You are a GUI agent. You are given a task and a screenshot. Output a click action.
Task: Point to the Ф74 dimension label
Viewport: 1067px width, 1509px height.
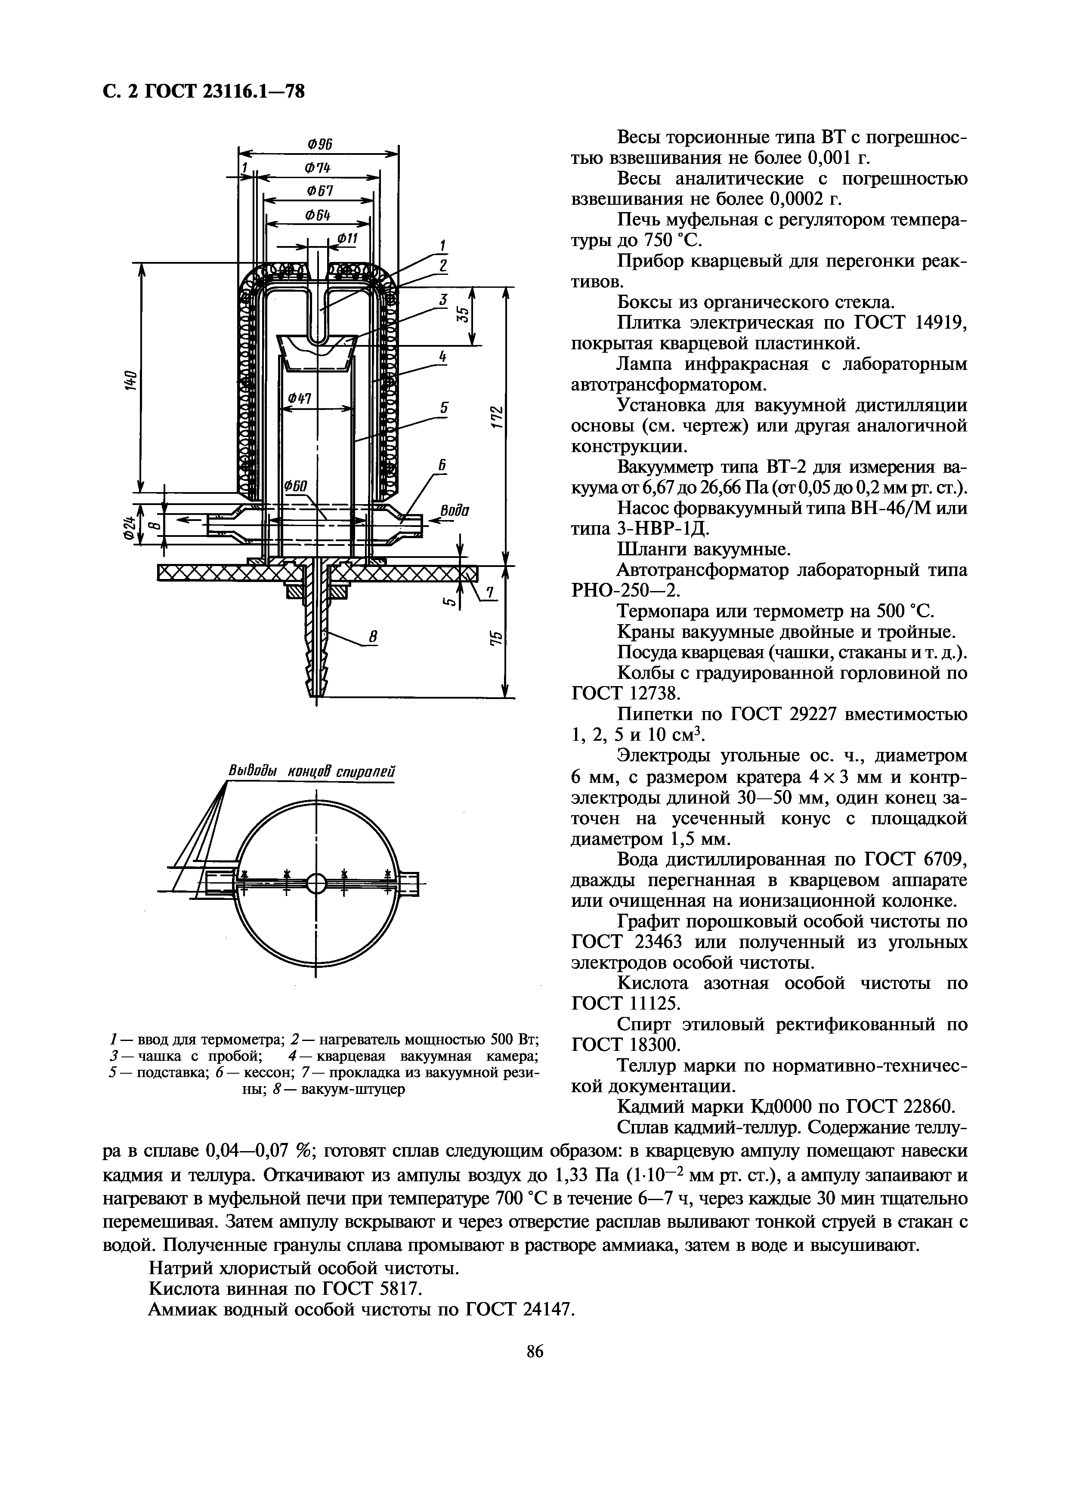point(318,168)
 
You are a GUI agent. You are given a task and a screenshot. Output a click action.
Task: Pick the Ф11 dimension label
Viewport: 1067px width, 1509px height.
point(346,238)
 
